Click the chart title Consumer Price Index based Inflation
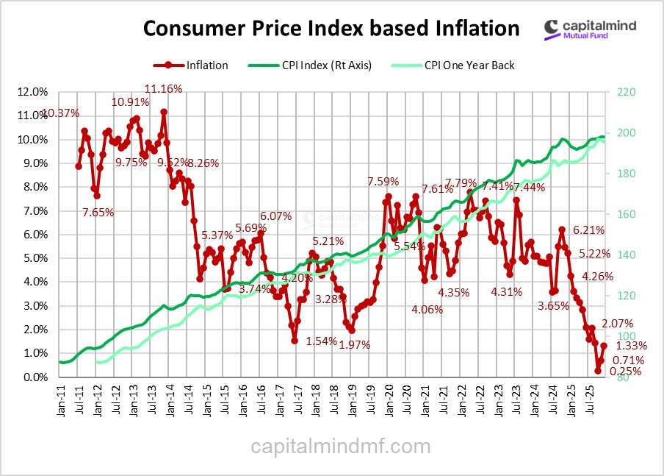tap(331, 29)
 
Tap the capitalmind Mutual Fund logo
tap(591, 29)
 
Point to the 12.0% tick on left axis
tap(32, 92)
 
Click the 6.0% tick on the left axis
tap(35, 235)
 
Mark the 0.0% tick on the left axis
tap(35, 377)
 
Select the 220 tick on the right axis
tap(616, 92)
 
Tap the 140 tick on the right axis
tap(616, 255)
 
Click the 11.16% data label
tap(163, 89)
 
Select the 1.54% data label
tap(321, 341)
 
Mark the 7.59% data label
tap(383, 181)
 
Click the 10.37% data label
tap(61, 113)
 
